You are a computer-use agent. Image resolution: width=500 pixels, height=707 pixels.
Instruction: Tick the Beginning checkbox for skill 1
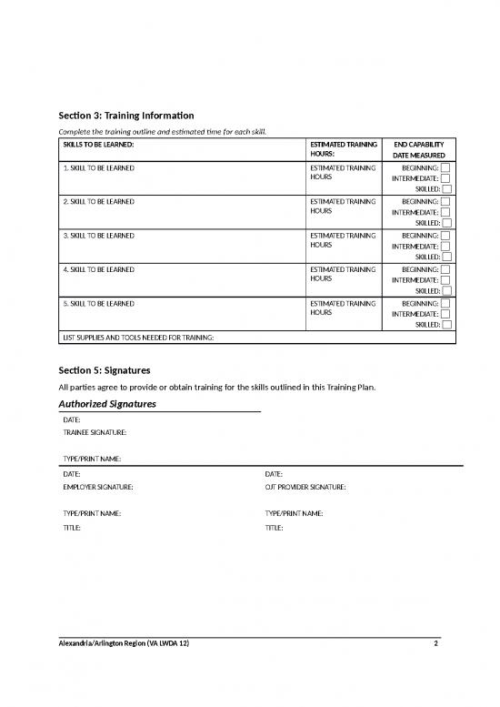[446, 168]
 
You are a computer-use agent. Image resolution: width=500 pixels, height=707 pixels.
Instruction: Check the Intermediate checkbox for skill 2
[446, 212]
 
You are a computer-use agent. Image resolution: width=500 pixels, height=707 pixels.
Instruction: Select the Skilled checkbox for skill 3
[446, 257]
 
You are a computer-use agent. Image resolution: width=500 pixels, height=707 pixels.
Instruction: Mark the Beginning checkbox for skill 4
[446, 269]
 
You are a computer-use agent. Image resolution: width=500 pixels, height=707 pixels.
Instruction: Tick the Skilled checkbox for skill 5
[446, 324]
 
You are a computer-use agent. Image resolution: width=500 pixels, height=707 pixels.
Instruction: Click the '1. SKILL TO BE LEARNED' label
[99, 168]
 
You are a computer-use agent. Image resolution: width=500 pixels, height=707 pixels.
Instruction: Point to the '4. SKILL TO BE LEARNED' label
[99, 269]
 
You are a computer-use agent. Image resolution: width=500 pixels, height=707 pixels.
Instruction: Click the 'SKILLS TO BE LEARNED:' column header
[98, 145]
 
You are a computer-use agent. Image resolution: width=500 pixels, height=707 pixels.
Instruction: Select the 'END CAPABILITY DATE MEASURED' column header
[418, 150]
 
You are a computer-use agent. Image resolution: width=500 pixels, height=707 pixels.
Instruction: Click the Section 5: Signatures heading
[104, 370]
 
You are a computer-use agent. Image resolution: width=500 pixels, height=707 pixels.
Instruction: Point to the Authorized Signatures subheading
[107, 403]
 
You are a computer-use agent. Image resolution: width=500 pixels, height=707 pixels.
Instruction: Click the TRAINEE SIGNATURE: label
[95, 432]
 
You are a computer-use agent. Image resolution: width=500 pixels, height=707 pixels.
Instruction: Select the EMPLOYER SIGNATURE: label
[98, 488]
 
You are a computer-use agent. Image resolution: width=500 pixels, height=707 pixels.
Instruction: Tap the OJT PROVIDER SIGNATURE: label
[305, 488]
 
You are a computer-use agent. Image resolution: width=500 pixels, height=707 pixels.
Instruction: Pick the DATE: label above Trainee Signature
[72, 419]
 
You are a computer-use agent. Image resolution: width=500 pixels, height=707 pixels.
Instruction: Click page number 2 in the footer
[436, 644]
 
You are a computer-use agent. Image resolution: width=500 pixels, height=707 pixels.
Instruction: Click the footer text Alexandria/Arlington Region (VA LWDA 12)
[125, 644]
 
